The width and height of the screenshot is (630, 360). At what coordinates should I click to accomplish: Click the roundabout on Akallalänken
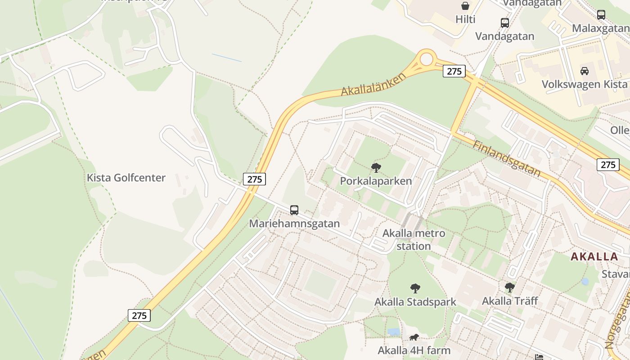(426, 58)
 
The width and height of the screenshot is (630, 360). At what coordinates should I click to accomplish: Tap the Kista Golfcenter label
(126, 178)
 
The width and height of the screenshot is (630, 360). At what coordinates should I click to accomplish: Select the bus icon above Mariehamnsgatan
(294, 210)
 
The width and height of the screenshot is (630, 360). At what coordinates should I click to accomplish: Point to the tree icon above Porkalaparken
(376, 168)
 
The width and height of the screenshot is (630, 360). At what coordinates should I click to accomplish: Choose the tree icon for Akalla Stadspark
(415, 288)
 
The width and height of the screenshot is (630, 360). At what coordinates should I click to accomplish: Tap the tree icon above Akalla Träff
(509, 287)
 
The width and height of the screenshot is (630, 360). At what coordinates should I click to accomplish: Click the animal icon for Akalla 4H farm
(414, 337)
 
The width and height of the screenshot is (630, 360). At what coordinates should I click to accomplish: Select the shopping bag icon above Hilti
(465, 6)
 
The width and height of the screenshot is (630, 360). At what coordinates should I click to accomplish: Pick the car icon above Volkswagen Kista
(584, 71)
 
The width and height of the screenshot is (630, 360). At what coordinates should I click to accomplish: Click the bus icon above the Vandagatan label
(504, 22)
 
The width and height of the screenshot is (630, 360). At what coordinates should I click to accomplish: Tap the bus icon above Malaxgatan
(601, 14)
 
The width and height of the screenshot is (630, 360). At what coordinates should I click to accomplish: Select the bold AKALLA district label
(594, 257)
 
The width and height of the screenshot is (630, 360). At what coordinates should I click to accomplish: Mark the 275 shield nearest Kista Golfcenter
(254, 179)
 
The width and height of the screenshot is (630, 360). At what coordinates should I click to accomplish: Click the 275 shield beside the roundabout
(454, 71)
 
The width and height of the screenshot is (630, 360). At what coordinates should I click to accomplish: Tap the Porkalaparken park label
(376, 181)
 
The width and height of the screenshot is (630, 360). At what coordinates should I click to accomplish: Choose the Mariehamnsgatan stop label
(294, 223)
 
